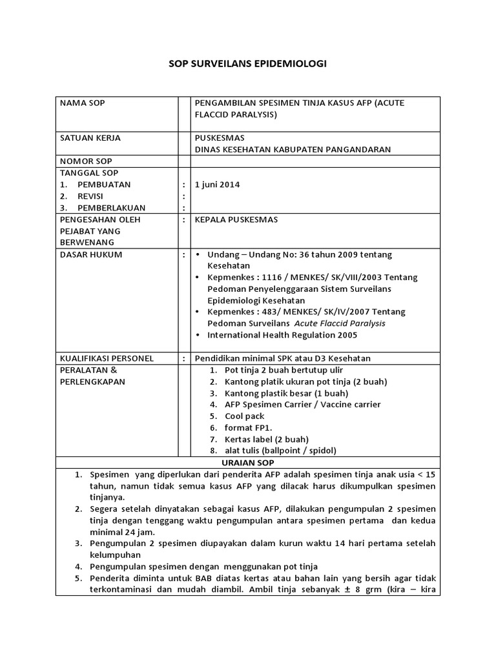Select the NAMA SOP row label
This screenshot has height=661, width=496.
[82, 103]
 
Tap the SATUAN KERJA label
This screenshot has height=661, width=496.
[90, 137]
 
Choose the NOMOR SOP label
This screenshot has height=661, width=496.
[86, 161]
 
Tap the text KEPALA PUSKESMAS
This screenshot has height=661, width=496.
[236, 219]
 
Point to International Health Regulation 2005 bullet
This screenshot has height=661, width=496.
[282, 335]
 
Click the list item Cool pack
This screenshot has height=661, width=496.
[244, 416]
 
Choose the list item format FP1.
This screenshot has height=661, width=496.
[248, 428]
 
